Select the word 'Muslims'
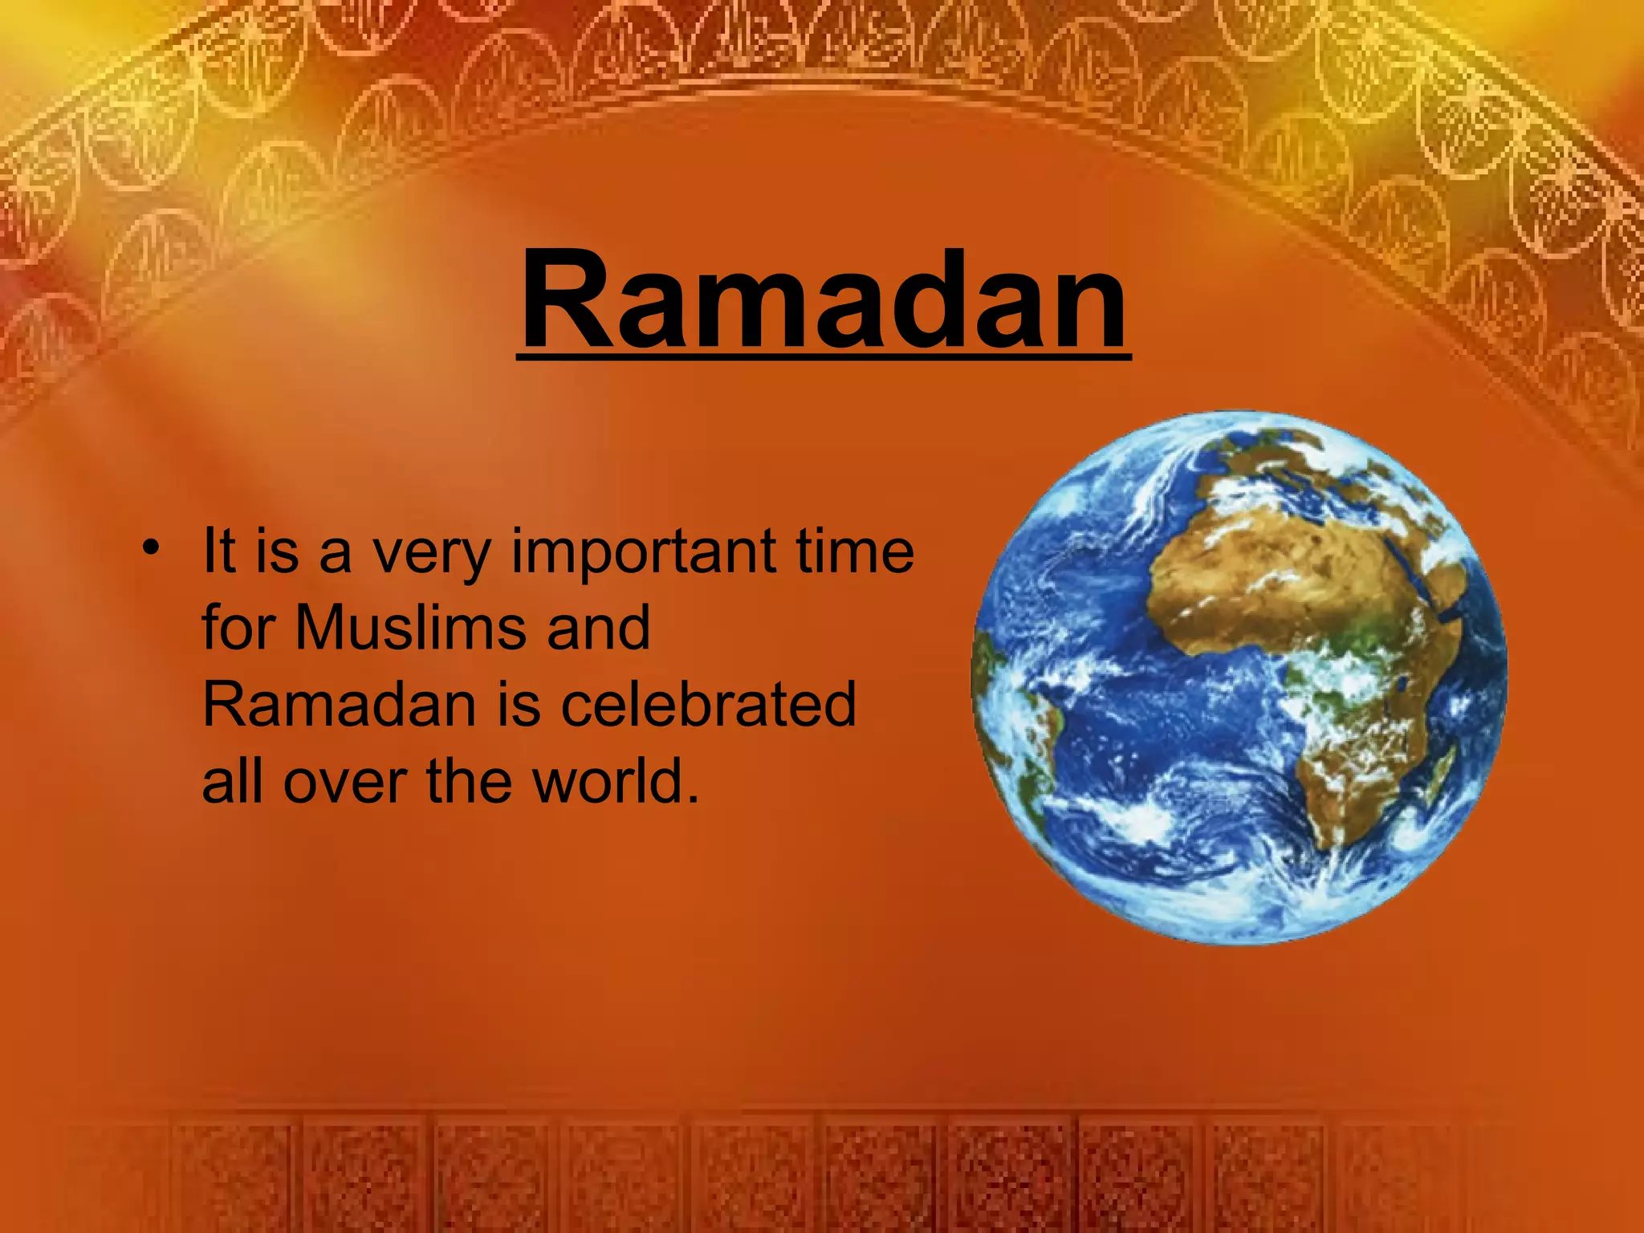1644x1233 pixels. click(409, 628)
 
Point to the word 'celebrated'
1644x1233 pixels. click(708, 705)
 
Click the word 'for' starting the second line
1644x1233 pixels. click(238, 627)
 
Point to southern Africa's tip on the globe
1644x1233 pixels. click(1337, 835)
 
